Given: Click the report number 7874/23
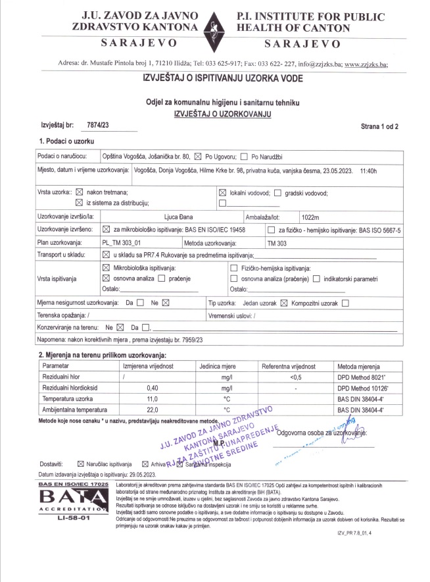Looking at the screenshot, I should point(98,124).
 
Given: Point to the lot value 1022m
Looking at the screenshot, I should point(310,217).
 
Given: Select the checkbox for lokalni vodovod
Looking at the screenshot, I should point(222,192).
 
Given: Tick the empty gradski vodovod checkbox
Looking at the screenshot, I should point(277,192).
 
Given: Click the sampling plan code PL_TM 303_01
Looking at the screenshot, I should point(124,243).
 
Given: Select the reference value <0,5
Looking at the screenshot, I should point(295,377).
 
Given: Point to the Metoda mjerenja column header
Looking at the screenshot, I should point(360,365).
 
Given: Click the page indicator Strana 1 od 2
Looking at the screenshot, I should point(379,125).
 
